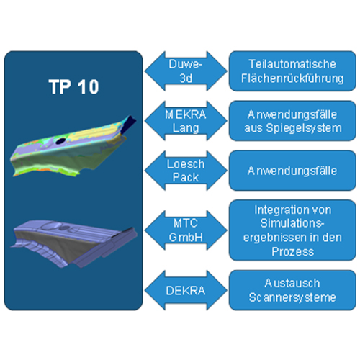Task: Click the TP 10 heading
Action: pos(73,86)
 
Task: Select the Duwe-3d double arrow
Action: pos(186,71)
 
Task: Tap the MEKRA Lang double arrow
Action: pos(186,121)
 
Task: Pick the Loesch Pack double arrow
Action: pos(186,171)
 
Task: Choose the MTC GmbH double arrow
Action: pos(186,230)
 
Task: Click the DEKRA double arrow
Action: pos(186,290)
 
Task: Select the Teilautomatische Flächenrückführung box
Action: pos(292,71)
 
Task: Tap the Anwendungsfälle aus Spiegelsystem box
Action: pos(292,121)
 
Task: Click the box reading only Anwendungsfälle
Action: pos(292,171)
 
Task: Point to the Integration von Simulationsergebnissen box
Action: pos(292,230)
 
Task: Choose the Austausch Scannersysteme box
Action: pos(292,290)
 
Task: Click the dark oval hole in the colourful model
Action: pos(60,141)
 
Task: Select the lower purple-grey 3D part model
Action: pos(73,243)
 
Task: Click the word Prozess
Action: pos(293,252)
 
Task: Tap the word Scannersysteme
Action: pos(292,297)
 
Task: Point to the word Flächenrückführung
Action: pos(292,78)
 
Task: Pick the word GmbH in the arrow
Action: pos(186,238)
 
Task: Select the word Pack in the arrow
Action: pos(186,178)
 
